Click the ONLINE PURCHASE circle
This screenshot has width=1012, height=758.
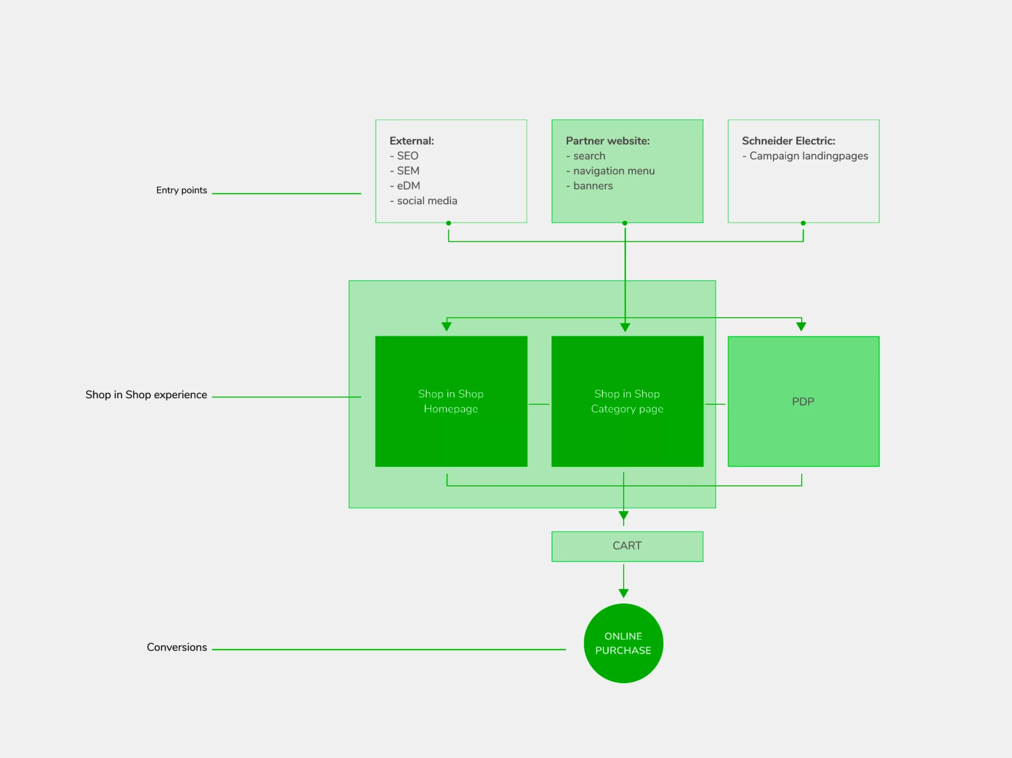point(623,643)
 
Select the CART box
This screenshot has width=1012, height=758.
point(627,546)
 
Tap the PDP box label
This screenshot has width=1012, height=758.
point(803,402)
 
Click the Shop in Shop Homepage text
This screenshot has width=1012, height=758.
point(451,401)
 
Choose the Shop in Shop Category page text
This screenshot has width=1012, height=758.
point(627,401)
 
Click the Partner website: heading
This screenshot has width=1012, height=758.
point(608,141)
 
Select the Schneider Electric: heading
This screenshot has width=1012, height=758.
point(788,141)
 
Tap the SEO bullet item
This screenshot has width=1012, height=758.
point(407,156)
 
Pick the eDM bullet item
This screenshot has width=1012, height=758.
point(408,186)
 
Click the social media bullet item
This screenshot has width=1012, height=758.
point(427,201)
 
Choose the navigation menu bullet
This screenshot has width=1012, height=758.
point(614,171)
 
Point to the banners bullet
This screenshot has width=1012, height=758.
point(593,186)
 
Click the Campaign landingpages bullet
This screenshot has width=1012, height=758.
point(808,156)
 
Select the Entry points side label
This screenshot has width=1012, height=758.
point(181,190)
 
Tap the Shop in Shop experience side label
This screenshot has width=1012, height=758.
point(146,395)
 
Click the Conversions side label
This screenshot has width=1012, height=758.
point(177,647)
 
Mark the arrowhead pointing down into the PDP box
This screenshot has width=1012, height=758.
point(801,326)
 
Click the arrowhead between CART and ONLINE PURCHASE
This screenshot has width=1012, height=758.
point(623,593)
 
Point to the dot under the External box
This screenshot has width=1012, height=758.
point(448,223)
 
